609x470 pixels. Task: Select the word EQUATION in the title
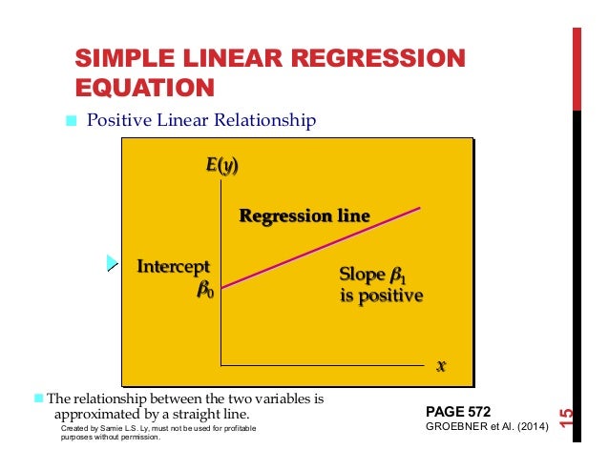click(x=144, y=89)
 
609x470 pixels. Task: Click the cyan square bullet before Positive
click(x=70, y=121)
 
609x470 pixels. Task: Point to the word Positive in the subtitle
click(x=117, y=121)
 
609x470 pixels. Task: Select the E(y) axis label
click(x=221, y=167)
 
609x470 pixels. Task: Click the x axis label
click(x=441, y=365)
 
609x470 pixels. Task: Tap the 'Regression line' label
click(x=304, y=216)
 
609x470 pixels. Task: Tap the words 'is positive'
click(x=381, y=296)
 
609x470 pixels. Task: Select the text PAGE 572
click(x=457, y=411)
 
